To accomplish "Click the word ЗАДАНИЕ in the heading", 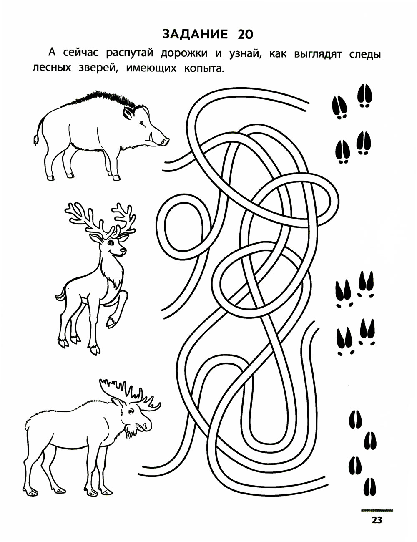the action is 195,34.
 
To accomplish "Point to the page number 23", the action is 377,520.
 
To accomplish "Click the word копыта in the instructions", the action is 203,68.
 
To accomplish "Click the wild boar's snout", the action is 165,142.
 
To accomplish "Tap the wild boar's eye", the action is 142,123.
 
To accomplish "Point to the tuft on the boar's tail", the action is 36,140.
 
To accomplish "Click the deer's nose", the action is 123,250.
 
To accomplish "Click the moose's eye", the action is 130,411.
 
